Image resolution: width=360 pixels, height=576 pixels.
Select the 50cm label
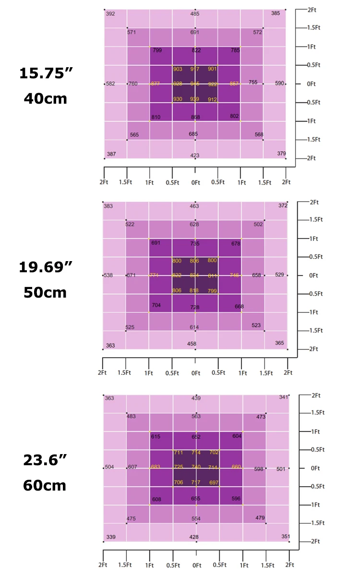point(45,292)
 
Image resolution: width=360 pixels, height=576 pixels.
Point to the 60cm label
point(45,485)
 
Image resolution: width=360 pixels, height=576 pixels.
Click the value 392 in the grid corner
point(110,14)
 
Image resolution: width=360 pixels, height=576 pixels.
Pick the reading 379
point(282,154)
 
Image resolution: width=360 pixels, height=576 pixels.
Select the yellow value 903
point(178,69)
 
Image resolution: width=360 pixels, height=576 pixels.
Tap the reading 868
point(195,117)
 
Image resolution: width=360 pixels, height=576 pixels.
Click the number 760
point(133,84)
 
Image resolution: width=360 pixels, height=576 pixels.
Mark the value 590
point(279,84)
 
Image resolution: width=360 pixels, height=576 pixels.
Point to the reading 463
point(194,206)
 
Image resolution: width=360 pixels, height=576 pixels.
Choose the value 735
point(194,244)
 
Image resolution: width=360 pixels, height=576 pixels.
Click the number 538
point(108,276)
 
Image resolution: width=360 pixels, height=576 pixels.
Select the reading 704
point(156,305)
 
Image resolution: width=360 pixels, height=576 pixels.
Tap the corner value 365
point(279,343)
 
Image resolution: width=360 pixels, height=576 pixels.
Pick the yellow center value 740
point(195,467)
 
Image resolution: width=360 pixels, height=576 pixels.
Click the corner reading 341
point(284,397)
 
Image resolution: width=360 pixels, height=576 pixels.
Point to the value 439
point(196,398)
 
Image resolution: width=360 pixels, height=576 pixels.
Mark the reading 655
point(195,499)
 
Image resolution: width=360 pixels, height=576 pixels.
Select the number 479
point(260,518)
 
